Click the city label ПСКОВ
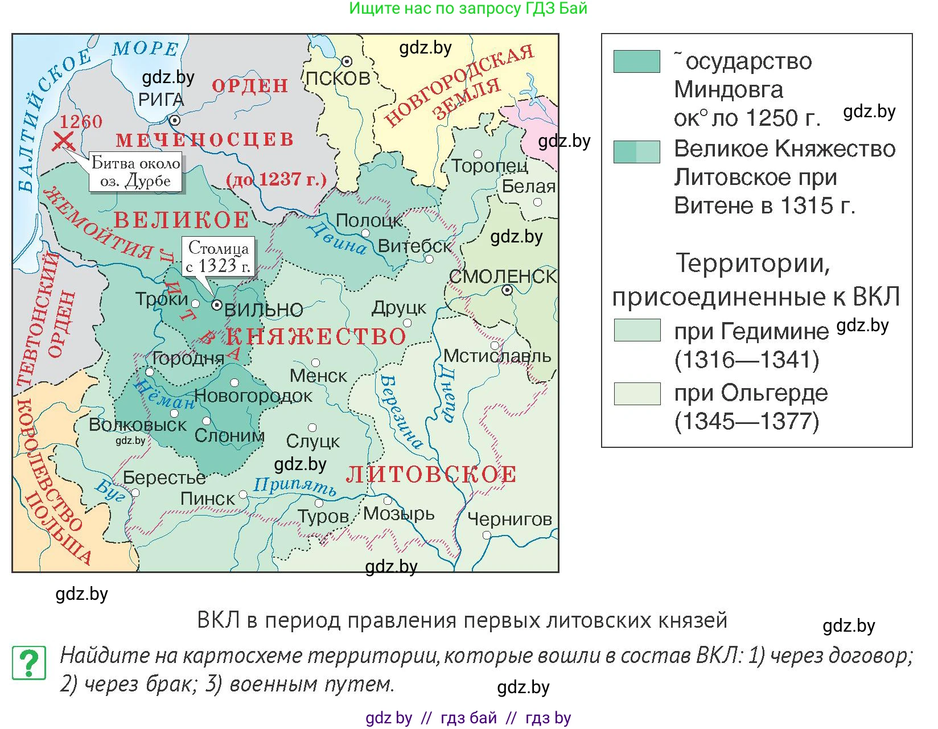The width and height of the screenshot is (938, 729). (x=338, y=78)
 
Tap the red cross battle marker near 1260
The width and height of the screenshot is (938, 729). (x=63, y=140)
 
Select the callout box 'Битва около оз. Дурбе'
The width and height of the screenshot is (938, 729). (x=135, y=171)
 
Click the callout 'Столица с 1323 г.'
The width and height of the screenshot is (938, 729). (x=219, y=257)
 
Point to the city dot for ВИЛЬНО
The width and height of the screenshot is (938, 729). (x=217, y=305)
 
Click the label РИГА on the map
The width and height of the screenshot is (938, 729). (x=161, y=100)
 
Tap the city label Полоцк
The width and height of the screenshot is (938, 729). (x=369, y=220)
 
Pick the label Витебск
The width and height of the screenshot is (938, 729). (x=414, y=246)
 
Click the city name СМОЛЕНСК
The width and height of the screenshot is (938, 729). (x=503, y=277)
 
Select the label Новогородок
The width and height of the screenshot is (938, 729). (x=253, y=396)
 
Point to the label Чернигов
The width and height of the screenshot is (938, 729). (x=509, y=518)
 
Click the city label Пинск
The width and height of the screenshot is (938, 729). (x=207, y=499)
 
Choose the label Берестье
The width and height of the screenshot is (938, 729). (x=164, y=477)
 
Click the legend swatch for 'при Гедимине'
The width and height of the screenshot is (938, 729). (x=637, y=330)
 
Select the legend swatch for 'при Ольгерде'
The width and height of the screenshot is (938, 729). (x=637, y=393)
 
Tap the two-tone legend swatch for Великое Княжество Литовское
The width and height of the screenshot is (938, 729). (x=637, y=152)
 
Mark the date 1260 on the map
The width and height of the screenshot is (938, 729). (x=81, y=121)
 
